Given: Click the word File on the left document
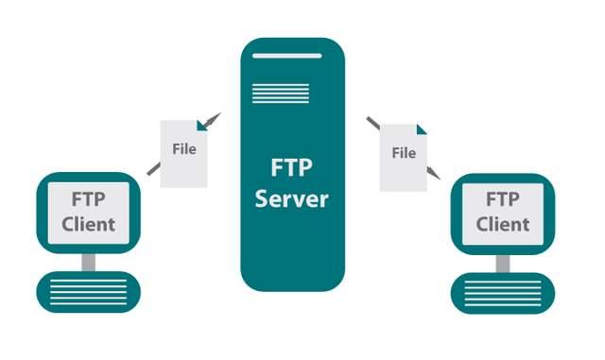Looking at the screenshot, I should (x=184, y=149).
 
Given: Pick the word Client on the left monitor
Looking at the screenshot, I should (x=89, y=224).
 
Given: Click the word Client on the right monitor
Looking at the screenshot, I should (x=502, y=224).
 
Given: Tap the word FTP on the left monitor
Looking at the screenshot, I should (x=89, y=200).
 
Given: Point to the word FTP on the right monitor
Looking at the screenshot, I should (x=502, y=200).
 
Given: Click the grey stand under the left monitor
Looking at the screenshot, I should (x=89, y=259).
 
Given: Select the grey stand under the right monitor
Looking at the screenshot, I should (x=502, y=259).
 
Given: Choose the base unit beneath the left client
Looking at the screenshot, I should (x=89, y=290).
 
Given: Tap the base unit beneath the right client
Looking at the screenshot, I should (x=502, y=290).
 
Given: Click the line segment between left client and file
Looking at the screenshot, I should (x=153, y=168).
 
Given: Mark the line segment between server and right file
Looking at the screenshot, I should (x=373, y=123).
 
